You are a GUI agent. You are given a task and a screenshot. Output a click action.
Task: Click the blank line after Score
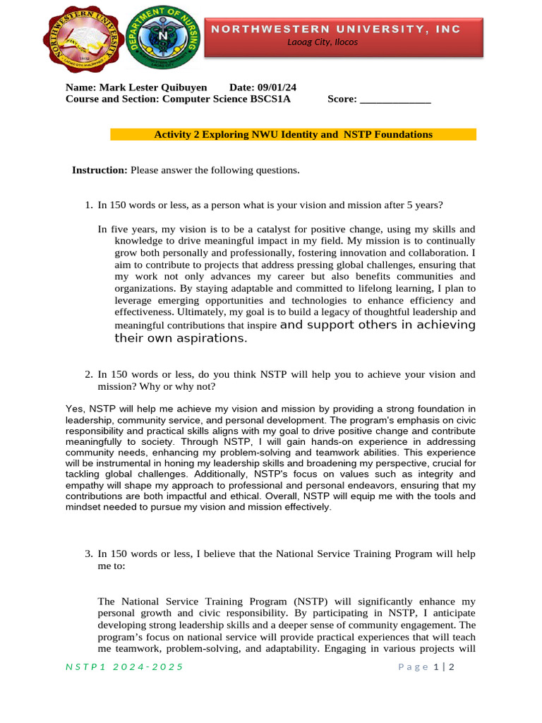(395, 100)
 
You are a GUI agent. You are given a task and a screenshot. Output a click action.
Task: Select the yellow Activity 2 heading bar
(293, 134)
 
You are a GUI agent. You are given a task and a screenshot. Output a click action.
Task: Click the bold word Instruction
(100, 170)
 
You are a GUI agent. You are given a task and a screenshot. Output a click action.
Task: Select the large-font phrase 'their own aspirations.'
(181, 338)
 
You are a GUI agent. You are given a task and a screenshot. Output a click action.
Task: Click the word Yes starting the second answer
(74, 409)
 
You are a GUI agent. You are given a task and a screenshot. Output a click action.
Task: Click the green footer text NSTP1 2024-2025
(124, 667)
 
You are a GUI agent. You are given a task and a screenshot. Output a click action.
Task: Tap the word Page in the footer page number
(413, 667)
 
